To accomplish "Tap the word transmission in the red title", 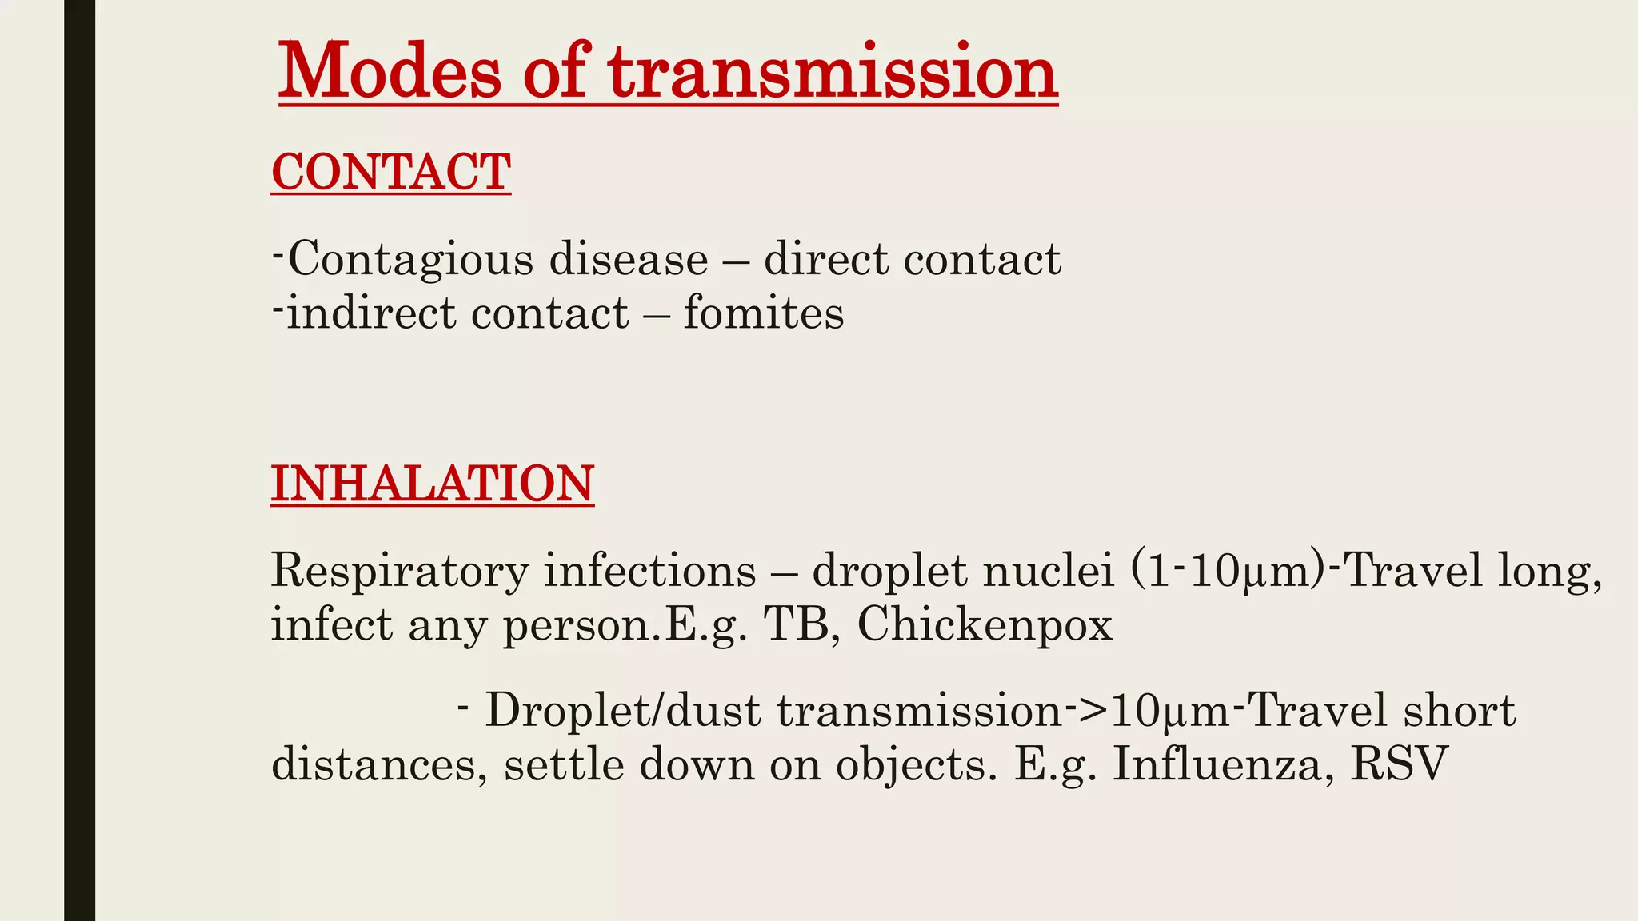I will tap(833, 72).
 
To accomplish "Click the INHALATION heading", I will tap(432, 484).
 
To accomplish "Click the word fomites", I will tap(764, 313).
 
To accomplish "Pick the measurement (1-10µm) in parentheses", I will tap(1228, 571).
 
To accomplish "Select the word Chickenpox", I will tap(985, 624).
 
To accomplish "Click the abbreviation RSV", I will tap(1400, 764).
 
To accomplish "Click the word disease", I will tap(629, 260).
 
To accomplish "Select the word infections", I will tap(650, 571).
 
